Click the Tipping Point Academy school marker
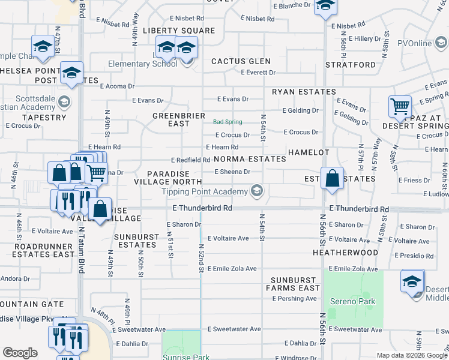257,191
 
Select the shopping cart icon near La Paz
400,107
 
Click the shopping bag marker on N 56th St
332,179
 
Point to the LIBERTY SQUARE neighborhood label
179,31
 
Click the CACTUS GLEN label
241,61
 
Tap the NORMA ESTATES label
250,159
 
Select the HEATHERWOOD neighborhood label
346,253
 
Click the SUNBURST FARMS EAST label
295,284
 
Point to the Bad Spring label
228,122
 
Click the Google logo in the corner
20,352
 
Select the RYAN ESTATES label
304,92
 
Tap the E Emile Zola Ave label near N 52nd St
232,269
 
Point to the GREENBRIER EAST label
179,119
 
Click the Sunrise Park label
186,357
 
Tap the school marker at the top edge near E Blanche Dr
325,6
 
